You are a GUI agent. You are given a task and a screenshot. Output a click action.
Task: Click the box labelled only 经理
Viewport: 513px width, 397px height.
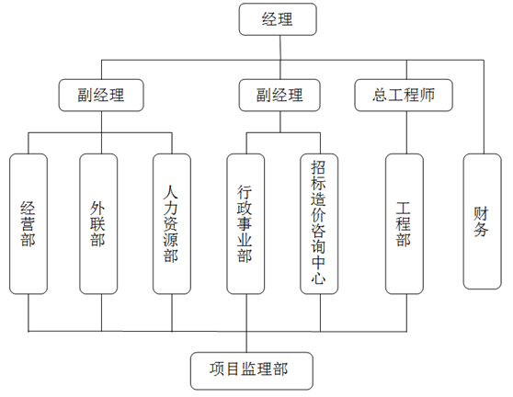(278, 19)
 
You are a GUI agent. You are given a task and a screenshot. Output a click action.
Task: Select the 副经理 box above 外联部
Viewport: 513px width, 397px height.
(101, 96)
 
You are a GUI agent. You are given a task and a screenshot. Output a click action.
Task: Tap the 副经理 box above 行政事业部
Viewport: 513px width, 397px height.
(279, 96)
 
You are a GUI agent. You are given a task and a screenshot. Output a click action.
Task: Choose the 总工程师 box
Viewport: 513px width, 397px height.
(404, 96)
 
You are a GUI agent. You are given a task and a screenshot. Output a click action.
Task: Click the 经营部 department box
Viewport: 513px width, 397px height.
(28, 224)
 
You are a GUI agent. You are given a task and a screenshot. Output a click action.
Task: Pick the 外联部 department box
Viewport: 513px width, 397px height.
(98, 224)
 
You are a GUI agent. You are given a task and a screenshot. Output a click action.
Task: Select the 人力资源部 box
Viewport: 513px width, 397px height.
(172, 224)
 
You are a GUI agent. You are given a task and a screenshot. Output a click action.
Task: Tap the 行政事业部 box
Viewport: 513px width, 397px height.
(245, 224)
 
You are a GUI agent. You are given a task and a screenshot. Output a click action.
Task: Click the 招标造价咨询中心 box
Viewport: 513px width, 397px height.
(319, 224)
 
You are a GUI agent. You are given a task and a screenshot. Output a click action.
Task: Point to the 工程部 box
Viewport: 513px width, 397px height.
(405, 224)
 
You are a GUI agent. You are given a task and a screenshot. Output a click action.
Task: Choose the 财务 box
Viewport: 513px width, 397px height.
(483, 221)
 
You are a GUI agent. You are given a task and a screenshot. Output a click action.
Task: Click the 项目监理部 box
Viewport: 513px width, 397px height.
(252, 371)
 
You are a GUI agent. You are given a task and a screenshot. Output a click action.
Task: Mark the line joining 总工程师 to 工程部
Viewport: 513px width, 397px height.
(406, 132)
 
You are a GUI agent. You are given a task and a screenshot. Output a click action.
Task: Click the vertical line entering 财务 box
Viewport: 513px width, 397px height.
(484, 107)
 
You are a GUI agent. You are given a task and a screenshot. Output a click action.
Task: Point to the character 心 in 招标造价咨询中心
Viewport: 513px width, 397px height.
(318, 278)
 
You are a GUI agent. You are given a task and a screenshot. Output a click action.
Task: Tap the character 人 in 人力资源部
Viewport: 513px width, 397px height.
(171, 192)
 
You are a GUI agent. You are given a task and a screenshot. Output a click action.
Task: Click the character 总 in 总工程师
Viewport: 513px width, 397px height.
(380, 96)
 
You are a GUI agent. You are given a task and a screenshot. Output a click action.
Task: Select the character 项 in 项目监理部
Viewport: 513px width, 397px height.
(217, 369)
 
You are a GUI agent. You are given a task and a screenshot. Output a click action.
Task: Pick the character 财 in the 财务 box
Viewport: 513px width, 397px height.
(481, 214)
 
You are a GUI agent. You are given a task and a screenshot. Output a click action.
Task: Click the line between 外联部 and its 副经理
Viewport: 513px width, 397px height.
(101, 132)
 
